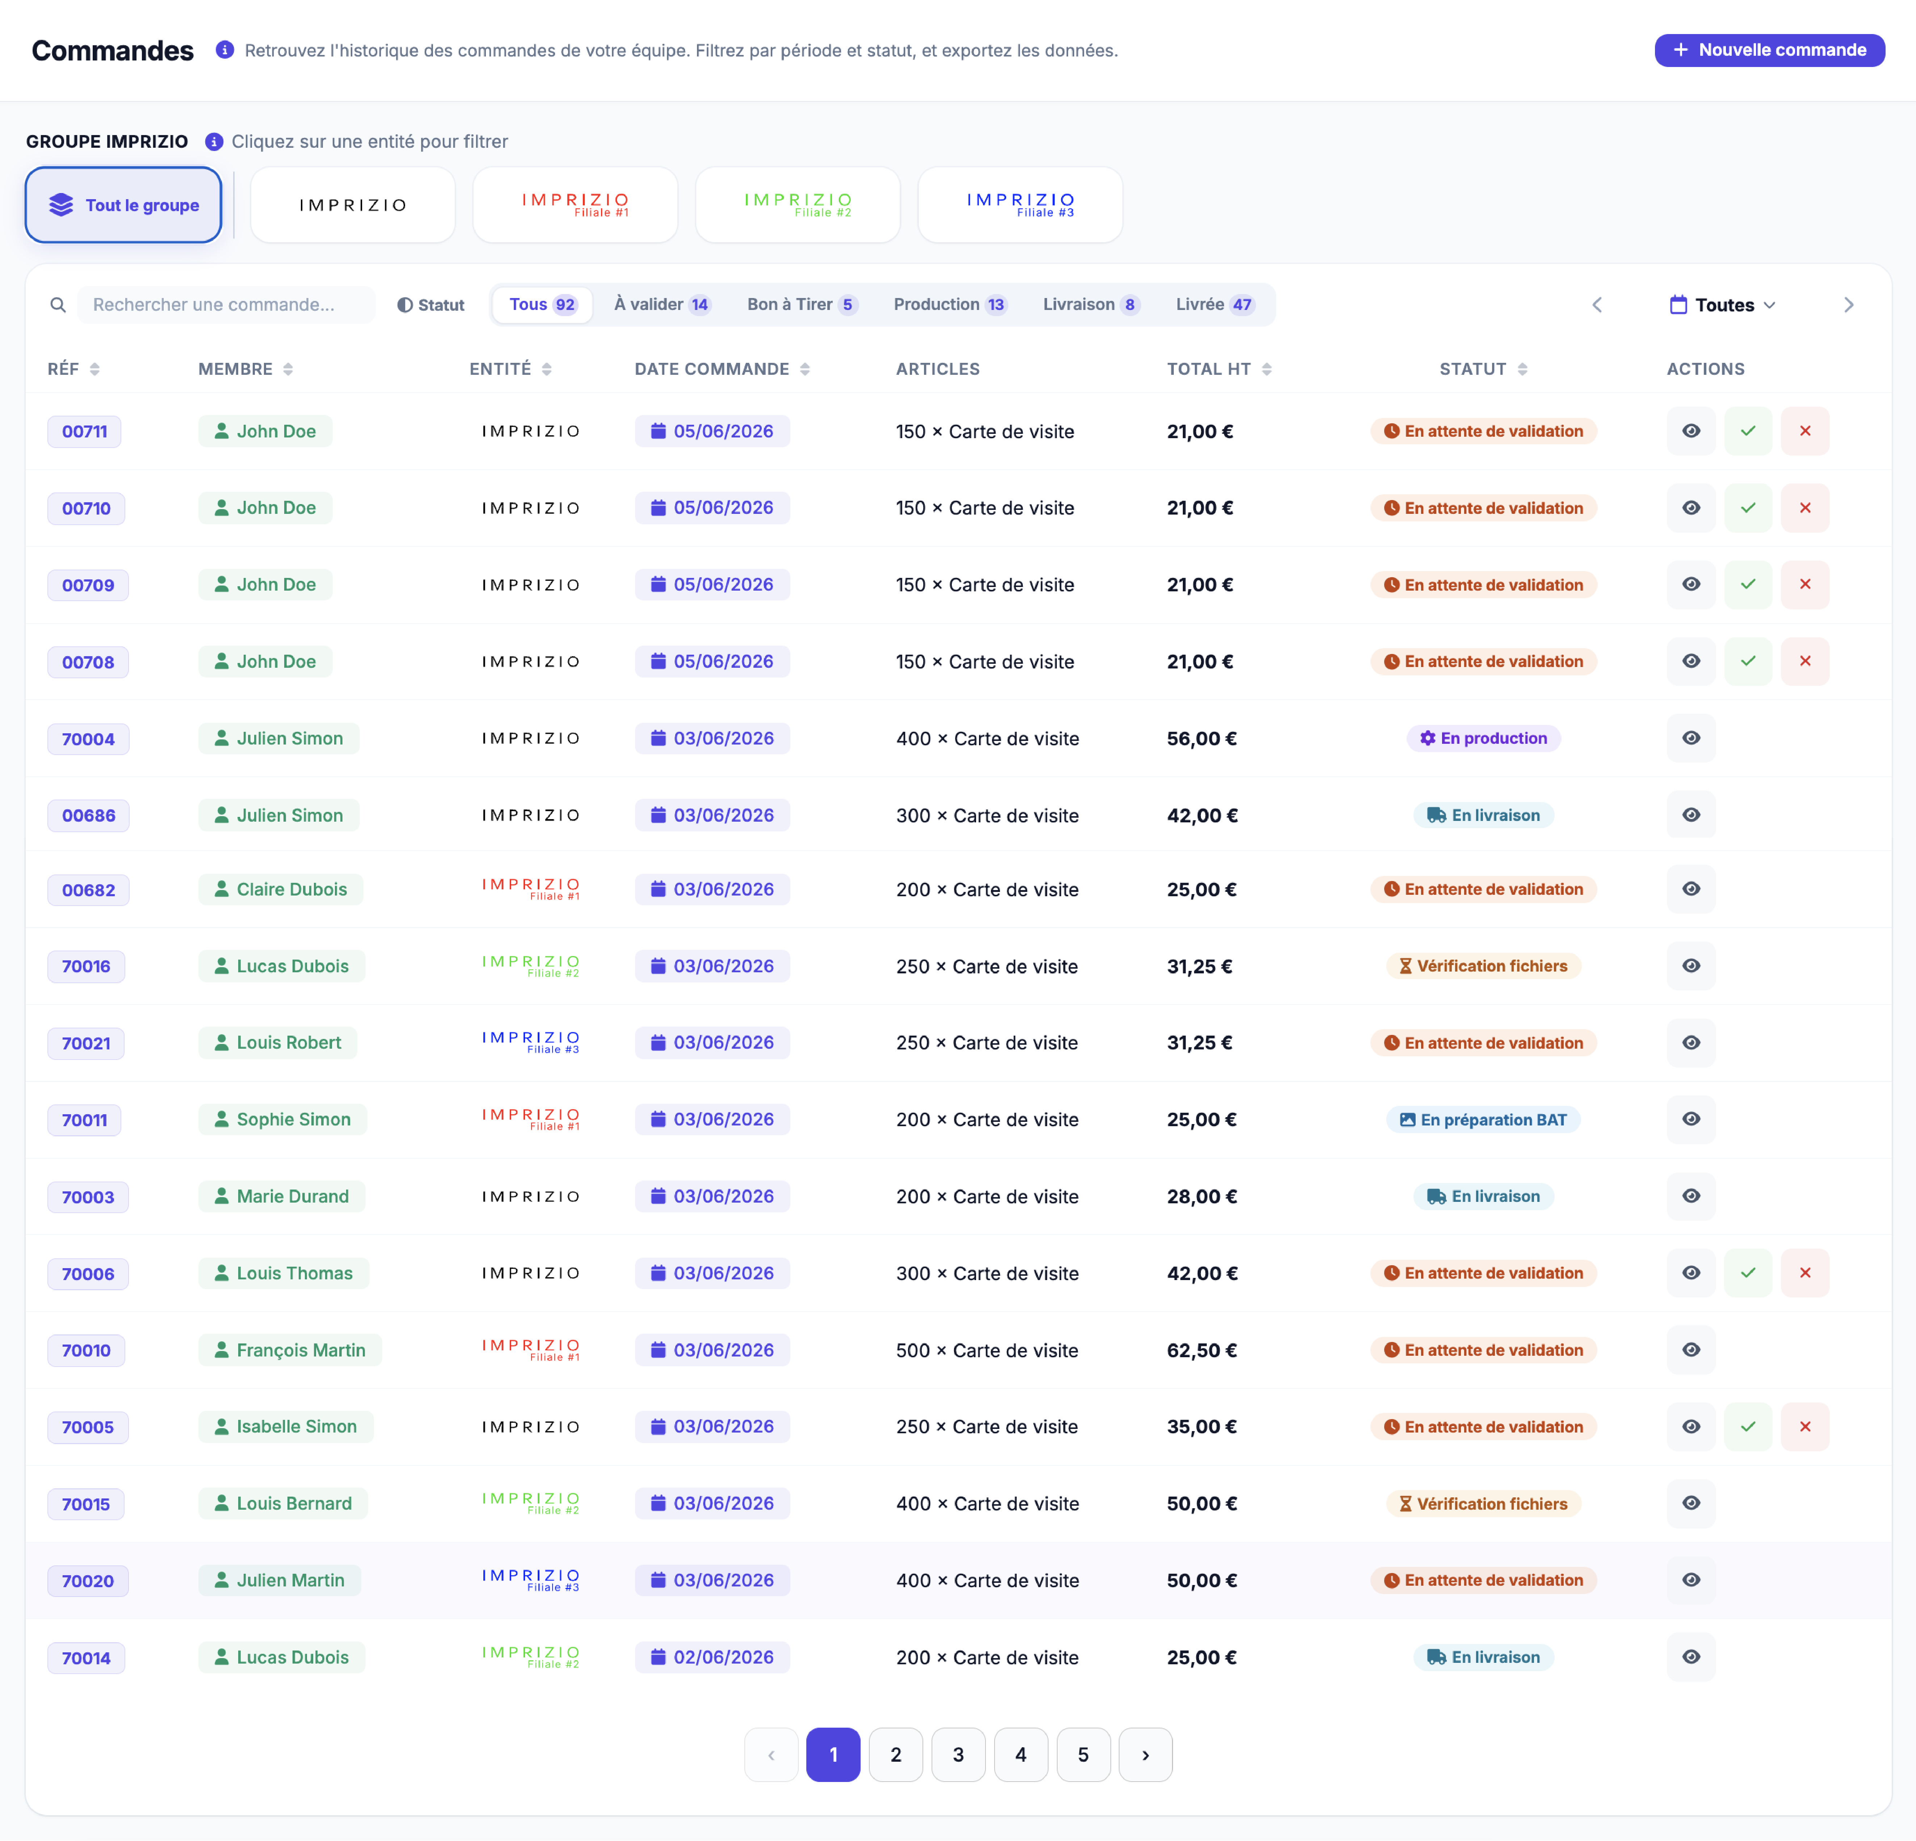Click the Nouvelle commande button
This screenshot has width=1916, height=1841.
(x=1769, y=50)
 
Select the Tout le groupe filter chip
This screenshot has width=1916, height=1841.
(x=123, y=204)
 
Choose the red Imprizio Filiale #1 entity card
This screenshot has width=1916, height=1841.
(x=575, y=204)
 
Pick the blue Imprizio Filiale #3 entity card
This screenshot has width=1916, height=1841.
(x=1020, y=204)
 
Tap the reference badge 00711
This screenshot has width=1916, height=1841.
(x=84, y=431)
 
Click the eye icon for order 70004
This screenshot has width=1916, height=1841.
(x=1691, y=738)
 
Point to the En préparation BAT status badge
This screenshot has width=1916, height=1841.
(x=1483, y=1119)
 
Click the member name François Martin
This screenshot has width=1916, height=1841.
(x=301, y=1350)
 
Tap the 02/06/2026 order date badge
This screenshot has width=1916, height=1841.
(x=713, y=1657)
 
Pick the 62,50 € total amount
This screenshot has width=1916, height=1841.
(x=1201, y=1350)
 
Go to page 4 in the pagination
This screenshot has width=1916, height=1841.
(x=1021, y=1755)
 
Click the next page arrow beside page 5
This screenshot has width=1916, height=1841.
(x=1146, y=1755)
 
